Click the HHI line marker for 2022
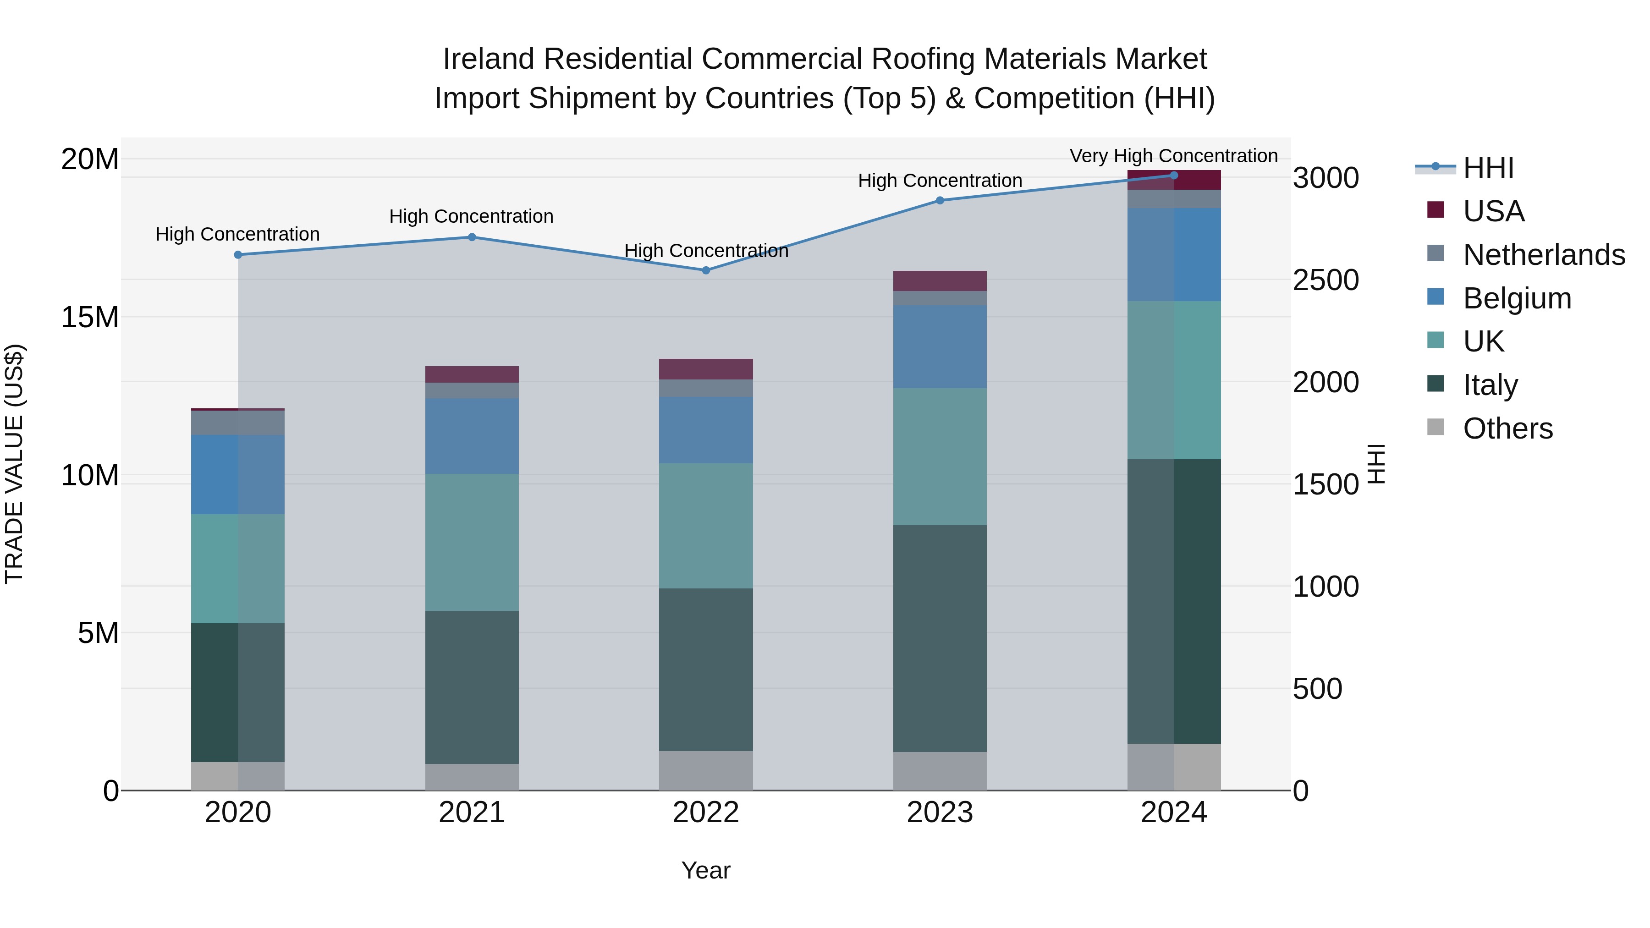pyautogui.click(x=706, y=270)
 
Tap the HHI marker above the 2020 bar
pyautogui.click(x=237, y=255)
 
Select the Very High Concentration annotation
pyautogui.click(x=1173, y=156)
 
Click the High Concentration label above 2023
pyautogui.click(x=940, y=181)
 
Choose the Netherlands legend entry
pyautogui.click(x=1543, y=255)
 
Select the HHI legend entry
pyautogui.click(x=1488, y=168)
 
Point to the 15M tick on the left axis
pyautogui.click(x=90, y=317)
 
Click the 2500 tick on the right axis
pyautogui.click(x=1325, y=280)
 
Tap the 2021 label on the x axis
pyautogui.click(x=472, y=813)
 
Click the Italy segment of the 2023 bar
pyautogui.click(x=940, y=638)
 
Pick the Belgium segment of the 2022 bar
pyautogui.click(x=706, y=430)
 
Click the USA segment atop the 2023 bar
pyautogui.click(x=940, y=280)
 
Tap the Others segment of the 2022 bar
pyautogui.click(x=706, y=770)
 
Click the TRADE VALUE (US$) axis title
pyautogui.click(x=14, y=464)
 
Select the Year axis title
pyautogui.click(x=706, y=870)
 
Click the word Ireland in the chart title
pyautogui.click(x=488, y=59)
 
